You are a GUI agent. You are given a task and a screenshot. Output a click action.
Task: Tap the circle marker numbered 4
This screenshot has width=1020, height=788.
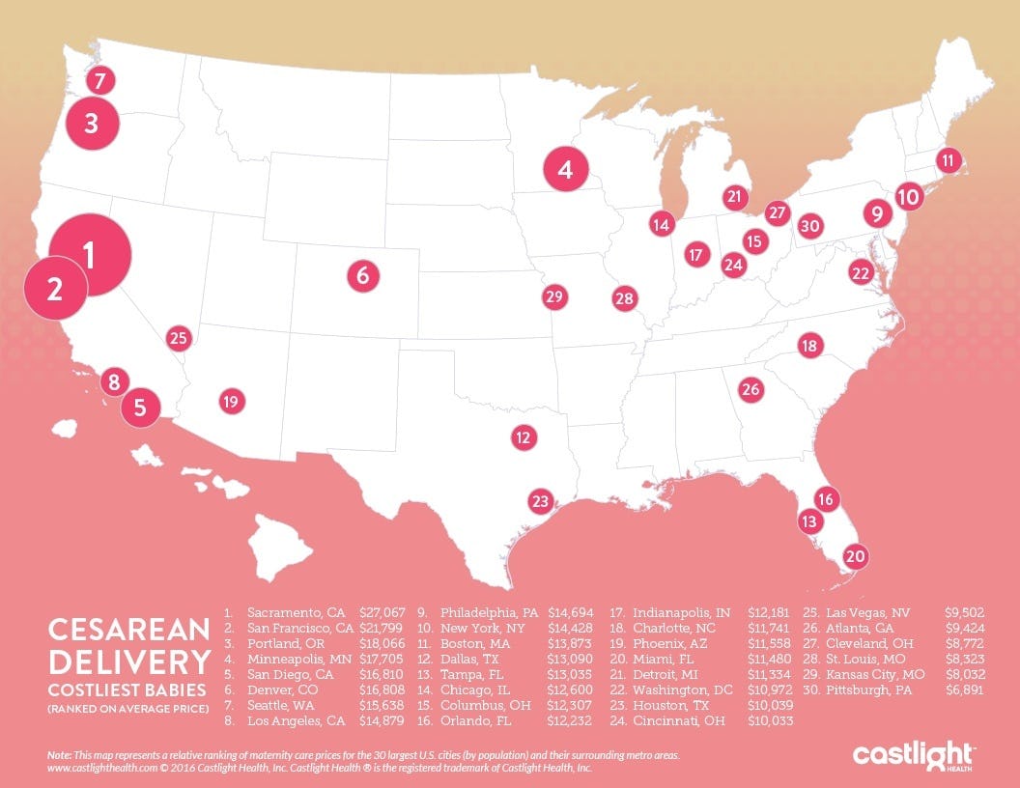(x=565, y=170)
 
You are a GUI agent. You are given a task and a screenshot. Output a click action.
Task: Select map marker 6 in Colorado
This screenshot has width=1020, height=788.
(x=362, y=275)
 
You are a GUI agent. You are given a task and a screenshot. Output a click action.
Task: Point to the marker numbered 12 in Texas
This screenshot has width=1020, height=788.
(x=524, y=437)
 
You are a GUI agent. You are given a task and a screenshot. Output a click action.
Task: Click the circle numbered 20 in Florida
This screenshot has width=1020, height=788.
(x=855, y=556)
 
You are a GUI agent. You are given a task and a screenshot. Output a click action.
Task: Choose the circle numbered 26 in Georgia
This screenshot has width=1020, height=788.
(x=751, y=390)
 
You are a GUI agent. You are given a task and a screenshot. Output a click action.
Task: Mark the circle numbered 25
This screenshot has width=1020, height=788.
(x=178, y=338)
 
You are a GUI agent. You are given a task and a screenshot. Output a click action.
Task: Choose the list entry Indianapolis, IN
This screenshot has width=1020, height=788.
(x=681, y=612)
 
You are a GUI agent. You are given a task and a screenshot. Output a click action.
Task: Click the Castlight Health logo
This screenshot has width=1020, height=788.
(x=915, y=755)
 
